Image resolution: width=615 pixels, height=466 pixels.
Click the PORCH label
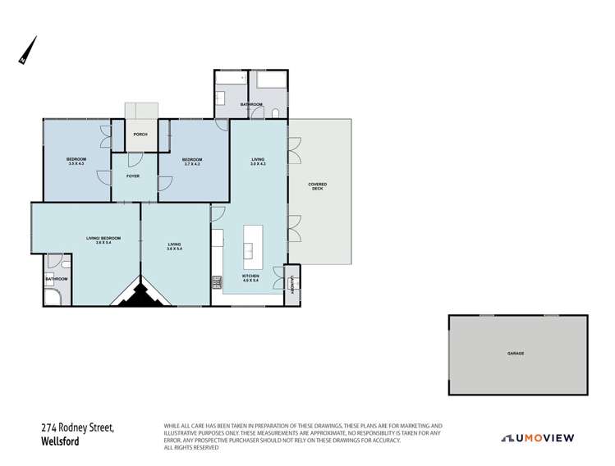(x=140, y=135)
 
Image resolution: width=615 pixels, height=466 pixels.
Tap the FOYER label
(x=133, y=176)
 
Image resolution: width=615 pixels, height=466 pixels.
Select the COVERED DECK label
(x=317, y=186)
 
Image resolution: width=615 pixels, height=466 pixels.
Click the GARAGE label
(x=516, y=353)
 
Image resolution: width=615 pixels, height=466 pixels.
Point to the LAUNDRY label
(x=291, y=284)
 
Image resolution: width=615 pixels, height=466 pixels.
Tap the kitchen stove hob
(x=217, y=283)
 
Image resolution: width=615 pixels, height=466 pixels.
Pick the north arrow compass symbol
(x=27, y=51)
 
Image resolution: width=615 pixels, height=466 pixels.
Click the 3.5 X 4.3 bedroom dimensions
(x=76, y=164)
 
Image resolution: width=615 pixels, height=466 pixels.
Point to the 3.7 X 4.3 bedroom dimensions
(x=192, y=164)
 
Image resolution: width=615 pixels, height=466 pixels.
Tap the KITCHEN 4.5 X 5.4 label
(x=250, y=278)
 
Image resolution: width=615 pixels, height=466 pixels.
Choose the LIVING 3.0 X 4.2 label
(x=258, y=162)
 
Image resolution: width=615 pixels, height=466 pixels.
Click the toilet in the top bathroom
(x=277, y=113)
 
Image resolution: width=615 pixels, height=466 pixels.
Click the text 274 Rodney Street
(x=77, y=427)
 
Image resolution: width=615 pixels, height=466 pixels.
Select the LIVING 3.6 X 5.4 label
(x=175, y=245)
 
